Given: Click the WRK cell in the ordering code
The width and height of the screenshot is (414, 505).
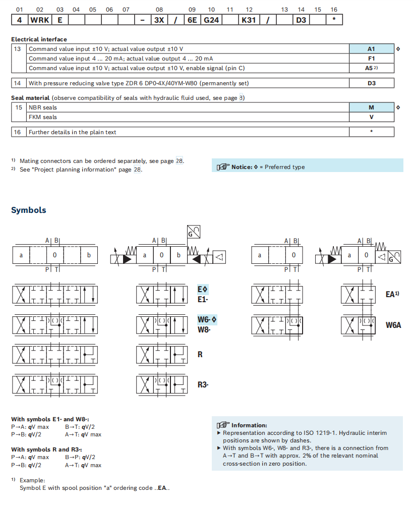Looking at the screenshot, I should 40,20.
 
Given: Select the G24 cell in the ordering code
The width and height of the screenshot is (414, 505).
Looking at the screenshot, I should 211,20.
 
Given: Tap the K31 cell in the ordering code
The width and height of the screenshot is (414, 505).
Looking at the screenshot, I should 249,20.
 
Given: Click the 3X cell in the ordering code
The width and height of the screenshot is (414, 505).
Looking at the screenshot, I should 159,20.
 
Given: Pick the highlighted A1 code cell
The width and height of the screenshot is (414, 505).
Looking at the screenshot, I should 371,49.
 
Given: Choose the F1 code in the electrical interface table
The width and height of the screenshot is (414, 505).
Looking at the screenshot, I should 371,59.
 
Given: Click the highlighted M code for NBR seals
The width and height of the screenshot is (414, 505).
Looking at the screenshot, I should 371,107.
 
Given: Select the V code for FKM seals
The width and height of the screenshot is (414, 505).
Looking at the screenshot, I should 371,117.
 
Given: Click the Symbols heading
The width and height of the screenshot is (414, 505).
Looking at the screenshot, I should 29,210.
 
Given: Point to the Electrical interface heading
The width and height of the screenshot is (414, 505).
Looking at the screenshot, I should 39,39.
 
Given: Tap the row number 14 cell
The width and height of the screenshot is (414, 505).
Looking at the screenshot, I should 18,83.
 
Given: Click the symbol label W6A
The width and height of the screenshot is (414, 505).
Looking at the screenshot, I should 393,325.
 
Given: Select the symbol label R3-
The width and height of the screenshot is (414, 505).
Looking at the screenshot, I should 203,385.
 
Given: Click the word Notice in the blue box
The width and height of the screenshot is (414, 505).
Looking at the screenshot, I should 241,167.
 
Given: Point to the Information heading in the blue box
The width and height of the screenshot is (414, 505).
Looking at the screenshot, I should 249,425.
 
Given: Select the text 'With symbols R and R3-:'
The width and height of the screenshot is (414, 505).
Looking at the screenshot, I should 46,450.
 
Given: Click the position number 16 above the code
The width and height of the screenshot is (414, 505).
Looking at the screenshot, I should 334,10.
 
